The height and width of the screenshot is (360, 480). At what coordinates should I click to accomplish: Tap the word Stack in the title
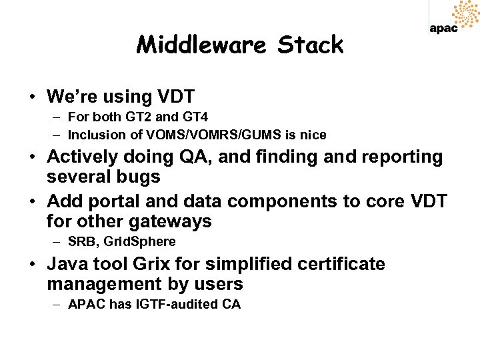[311, 45]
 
